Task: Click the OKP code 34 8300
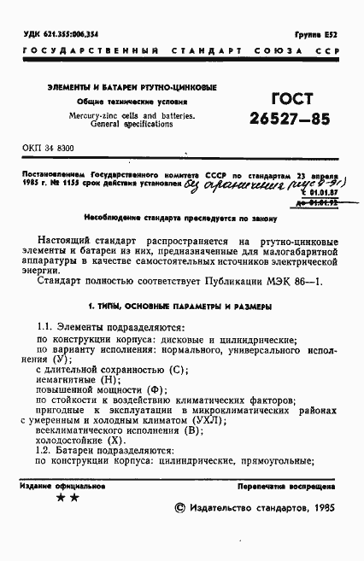pyautogui.click(x=49, y=148)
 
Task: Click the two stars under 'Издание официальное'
pyautogui.click(x=67, y=498)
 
